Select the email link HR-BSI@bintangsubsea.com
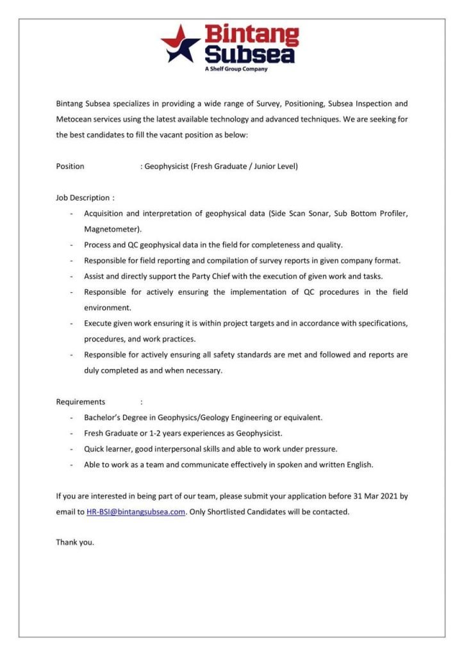point(136,512)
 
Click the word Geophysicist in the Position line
point(167,167)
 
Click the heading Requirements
point(81,402)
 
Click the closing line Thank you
point(75,542)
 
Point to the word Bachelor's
point(103,418)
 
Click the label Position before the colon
point(70,167)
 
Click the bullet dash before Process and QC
point(71,245)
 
